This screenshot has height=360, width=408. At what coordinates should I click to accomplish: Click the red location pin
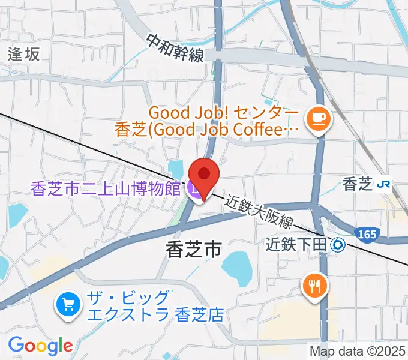tap(204, 175)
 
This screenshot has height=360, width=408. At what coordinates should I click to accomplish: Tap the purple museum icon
tap(194, 190)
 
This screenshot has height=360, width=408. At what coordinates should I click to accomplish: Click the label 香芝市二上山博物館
tap(106, 190)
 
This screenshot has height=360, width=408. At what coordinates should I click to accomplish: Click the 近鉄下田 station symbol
tap(338, 244)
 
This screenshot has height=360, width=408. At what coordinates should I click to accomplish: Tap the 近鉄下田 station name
tap(298, 244)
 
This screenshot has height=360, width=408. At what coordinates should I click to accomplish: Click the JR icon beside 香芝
tap(383, 185)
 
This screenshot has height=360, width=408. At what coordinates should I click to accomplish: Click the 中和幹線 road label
tap(175, 47)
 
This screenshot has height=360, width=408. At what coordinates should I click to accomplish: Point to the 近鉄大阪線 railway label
tap(260, 213)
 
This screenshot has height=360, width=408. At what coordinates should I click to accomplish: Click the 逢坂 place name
tap(24, 54)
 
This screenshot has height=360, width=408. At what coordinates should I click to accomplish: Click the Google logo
tap(40, 346)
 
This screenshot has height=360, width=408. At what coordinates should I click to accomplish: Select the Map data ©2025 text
tap(358, 351)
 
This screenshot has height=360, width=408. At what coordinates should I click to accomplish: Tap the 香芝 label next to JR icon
tap(358, 185)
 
